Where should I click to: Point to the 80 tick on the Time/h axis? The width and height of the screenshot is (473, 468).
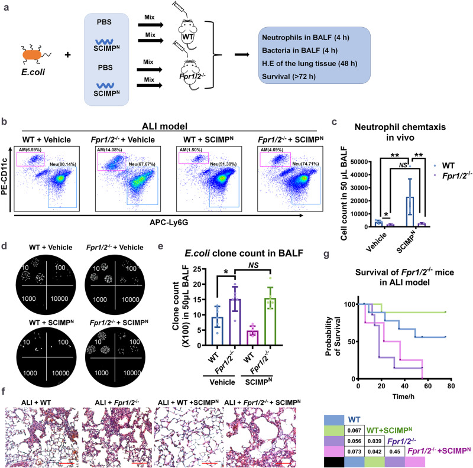[x=451, y=385]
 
